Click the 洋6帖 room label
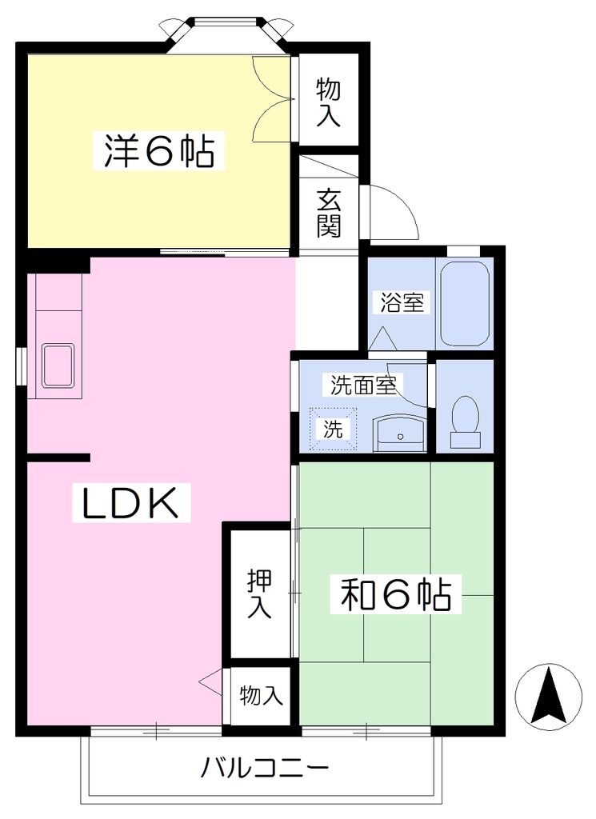[158, 151]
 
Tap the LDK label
[131, 503]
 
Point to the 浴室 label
[402, 302]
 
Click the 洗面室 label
[363, 385]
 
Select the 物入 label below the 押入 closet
[261, 695]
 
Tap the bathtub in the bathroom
[464, 303]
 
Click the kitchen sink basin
[58, 365]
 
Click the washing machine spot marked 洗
[334, 429]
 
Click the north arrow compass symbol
[548, 697]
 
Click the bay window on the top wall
[227, 30]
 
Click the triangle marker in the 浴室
[383, 338]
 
